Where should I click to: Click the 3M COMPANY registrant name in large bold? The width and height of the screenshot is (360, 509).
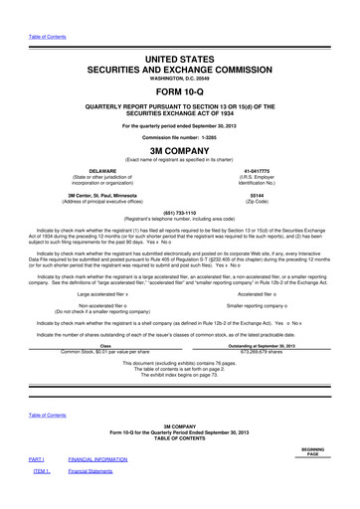[179, 153]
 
